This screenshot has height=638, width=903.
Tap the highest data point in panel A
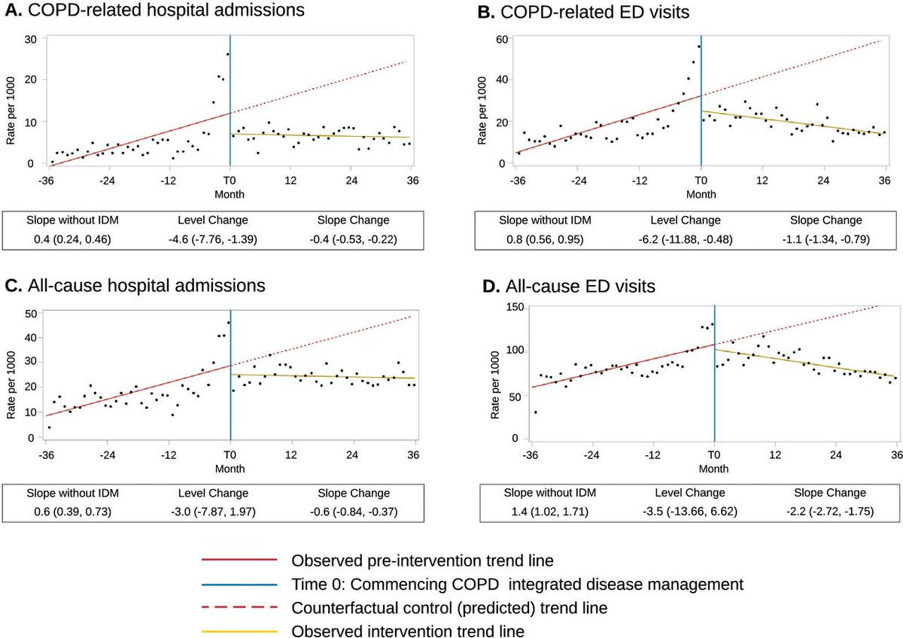point(227,54)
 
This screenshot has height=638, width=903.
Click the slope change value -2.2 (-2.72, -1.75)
point(829,512)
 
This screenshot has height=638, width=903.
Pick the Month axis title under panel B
point(701,194)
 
